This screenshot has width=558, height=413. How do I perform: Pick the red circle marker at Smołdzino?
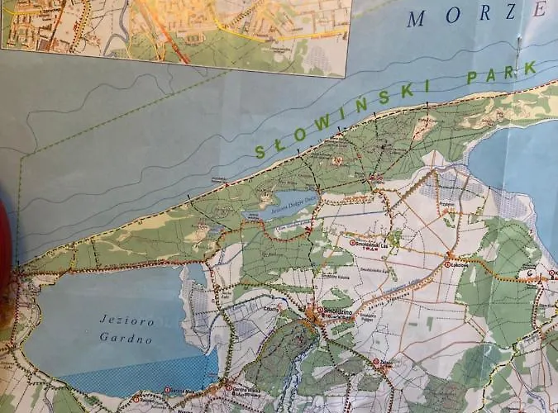pos(312,313)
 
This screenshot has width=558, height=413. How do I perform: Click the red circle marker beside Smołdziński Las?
pos(352,243)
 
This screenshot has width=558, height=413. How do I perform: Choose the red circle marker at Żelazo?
pos(376,361)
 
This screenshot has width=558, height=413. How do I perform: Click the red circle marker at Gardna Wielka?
pos(229,387)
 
